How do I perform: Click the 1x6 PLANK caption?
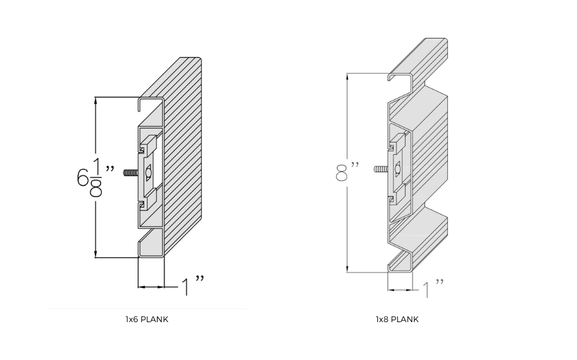point(146,320)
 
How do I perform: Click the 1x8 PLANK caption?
point(397,320)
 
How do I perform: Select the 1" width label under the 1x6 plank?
point(192,286)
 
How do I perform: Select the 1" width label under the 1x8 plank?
point(432,289)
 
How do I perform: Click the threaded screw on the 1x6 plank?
point(131,173)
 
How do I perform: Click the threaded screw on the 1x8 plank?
point(380,168)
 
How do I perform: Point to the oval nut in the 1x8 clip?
point(397,168)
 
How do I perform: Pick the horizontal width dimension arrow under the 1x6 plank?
point(151,287)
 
